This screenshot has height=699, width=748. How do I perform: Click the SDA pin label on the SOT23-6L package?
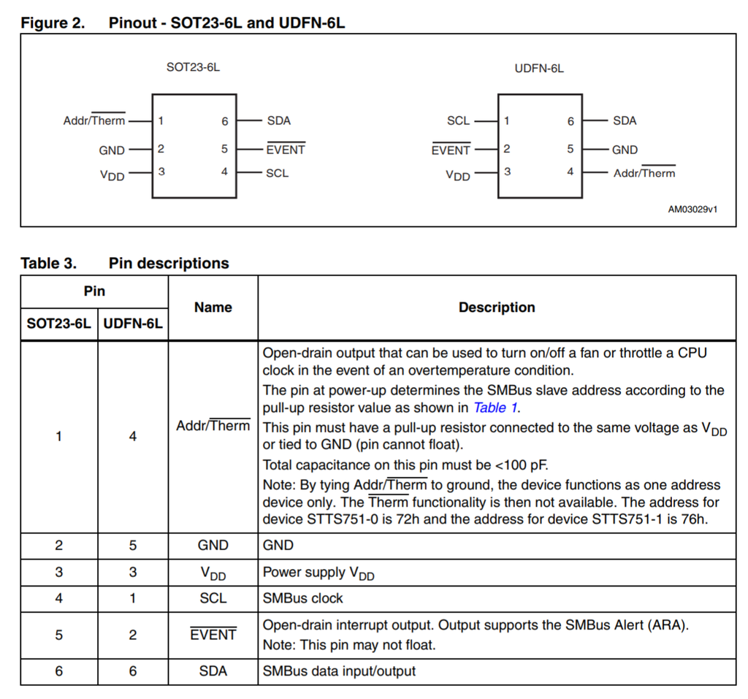coord(278,121)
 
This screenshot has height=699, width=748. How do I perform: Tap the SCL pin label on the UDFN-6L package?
coord(458,121)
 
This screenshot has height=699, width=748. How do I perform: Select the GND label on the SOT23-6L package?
coord(112,150)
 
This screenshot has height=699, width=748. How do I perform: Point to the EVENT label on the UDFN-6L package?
coord(451,150)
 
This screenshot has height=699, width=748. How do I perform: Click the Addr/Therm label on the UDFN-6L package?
coord(644,173)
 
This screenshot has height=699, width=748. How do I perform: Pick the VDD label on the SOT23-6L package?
coord(112,175)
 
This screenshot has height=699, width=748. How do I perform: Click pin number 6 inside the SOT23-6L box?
coord(225,121)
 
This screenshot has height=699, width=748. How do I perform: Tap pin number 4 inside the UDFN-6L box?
coord(570,172)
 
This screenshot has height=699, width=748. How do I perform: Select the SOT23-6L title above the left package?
coord(193,68)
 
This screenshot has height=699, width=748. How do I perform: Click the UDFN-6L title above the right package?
coord(539,68)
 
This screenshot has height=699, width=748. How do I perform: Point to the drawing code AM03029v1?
coord(692,209)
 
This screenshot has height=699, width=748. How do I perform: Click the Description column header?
coord(497,308)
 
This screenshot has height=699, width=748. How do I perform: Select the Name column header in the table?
coord(213,308)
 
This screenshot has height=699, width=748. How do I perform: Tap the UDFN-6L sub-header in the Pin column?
coord(133,324)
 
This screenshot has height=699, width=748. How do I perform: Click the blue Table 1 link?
coord(496,408)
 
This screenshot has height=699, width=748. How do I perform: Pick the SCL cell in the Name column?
coord(213,598)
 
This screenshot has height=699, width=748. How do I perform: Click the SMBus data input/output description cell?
coord(339,671)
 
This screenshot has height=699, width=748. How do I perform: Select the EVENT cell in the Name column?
coord(213,635)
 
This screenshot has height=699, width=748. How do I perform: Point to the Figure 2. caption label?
coord(53,23)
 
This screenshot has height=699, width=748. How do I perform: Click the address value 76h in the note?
coord(688,520)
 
